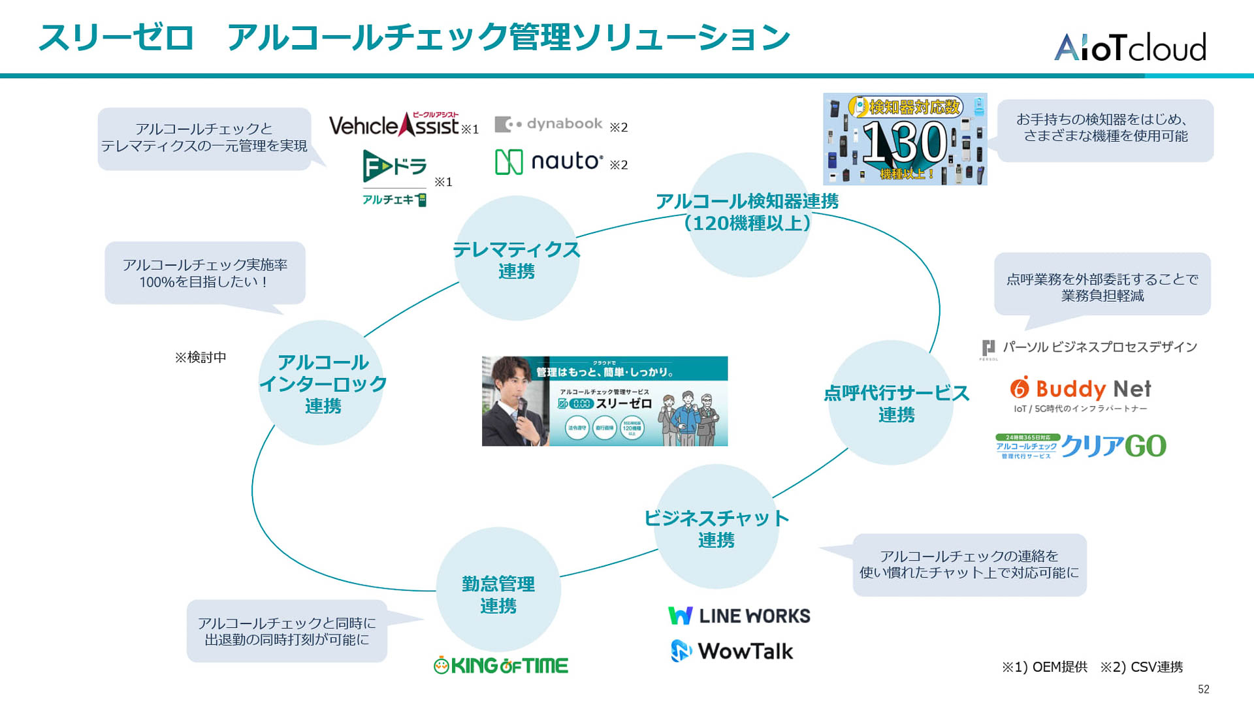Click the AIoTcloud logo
(x=1130, y=47)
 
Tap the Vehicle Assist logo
(x=395, y=124)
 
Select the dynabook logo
(x=549, y=124)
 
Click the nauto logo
(x=549, y=161)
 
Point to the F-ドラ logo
(x=394, y=166)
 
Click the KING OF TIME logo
(x=501, y=665)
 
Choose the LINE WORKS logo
(x=739, y=616)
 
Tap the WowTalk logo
(x=732, y=651)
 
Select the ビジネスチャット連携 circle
(x=716, y=527)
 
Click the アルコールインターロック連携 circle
(x=321, y=383)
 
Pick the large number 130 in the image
(x=904, y=142)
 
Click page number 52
(x=1203, y=689)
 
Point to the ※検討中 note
(x=201, y=357)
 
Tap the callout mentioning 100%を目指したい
(x=204, y=273)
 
